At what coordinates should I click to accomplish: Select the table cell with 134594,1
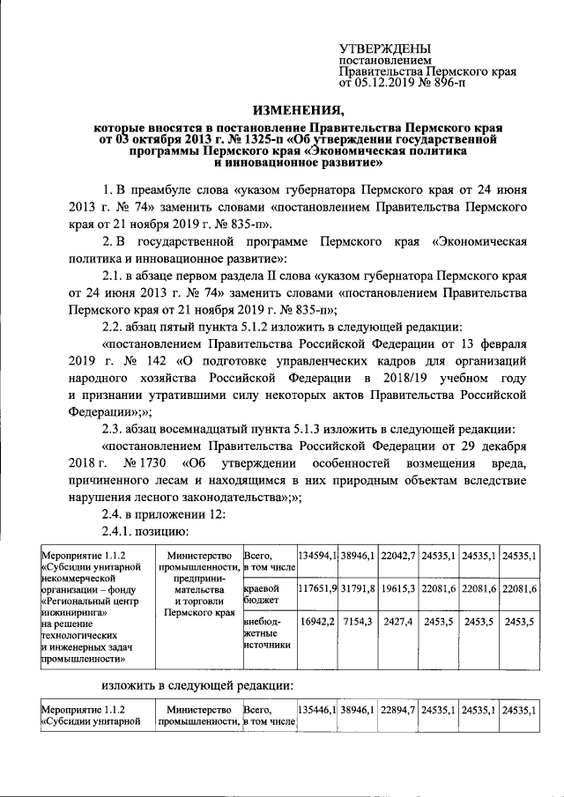(318, 557)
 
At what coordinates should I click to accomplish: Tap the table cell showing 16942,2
(318, 621)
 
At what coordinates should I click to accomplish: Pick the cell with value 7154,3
(360, 621)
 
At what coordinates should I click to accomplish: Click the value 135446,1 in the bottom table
(318, 709)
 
